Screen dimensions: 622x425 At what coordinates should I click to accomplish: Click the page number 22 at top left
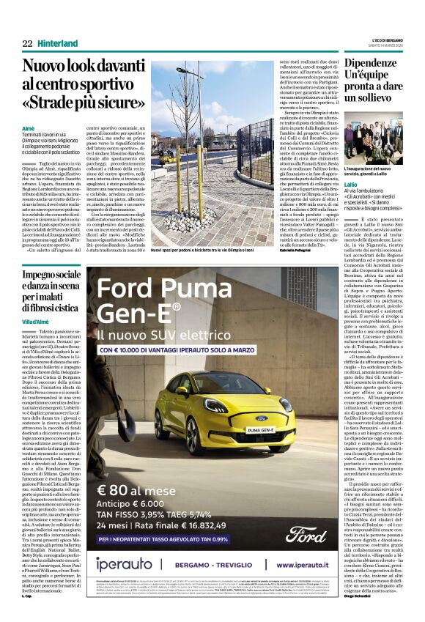(x=27, y=44)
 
